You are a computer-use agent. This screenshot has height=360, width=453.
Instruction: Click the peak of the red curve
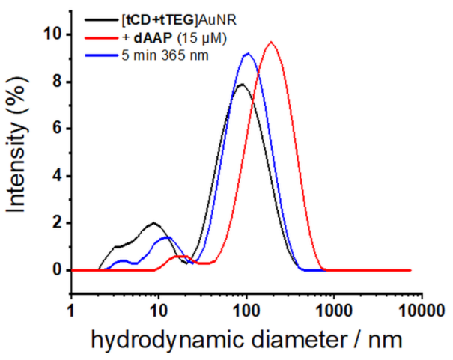(271, 43)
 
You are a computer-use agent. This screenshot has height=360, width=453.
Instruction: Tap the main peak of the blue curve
(248, 54)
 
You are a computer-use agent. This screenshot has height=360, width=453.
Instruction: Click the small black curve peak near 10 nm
(155, 223)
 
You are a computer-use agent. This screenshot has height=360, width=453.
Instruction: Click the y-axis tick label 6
(54, 129)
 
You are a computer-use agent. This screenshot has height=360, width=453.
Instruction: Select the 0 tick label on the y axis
(54, 270)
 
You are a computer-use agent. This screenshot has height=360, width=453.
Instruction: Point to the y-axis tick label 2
(54, 223)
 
